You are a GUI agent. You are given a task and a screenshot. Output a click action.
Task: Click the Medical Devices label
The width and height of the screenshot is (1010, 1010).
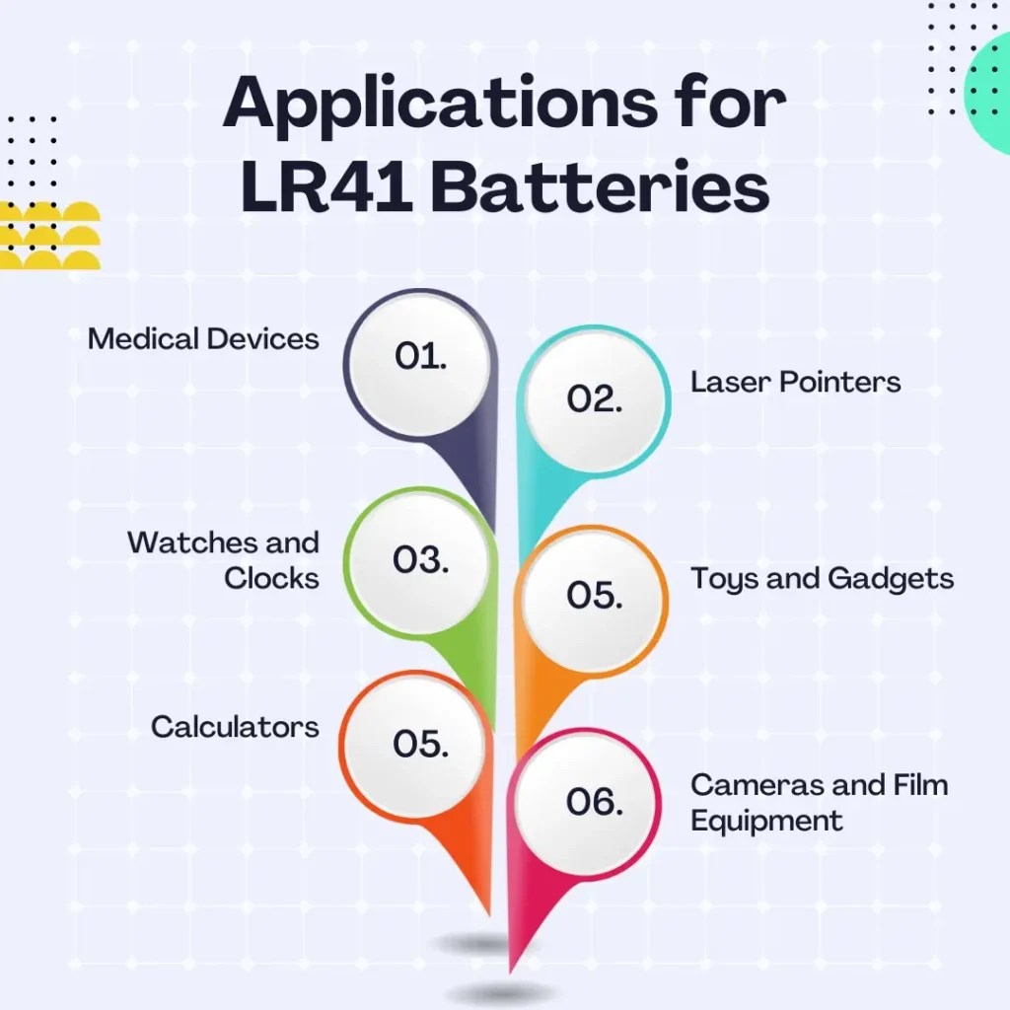(203, 339)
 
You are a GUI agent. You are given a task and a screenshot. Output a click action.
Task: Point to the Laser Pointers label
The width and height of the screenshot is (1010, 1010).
(795, 382)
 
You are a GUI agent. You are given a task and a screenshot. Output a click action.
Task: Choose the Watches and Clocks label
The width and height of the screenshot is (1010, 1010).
(224, 560)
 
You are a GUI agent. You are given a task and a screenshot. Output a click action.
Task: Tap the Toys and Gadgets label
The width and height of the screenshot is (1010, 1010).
(822, 578)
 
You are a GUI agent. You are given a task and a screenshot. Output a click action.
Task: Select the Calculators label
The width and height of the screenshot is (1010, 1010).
(235, 727)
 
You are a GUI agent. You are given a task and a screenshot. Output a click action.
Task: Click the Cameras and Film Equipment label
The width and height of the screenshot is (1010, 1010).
(819, 802)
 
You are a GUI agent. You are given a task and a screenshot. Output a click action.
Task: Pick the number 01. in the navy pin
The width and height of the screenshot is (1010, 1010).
(421, 357)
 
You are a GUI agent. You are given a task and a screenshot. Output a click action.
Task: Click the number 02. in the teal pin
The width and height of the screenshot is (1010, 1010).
(595, 398)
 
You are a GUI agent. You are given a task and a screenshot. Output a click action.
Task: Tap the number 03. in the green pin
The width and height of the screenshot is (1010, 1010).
(421, 559)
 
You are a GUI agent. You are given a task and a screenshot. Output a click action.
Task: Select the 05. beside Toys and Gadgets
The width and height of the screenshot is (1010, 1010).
(595, 596)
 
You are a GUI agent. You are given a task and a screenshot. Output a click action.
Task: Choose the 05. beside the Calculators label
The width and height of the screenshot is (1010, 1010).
(421, 744)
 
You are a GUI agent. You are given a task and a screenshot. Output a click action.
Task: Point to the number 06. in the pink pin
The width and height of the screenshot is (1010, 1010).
(595, 802)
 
